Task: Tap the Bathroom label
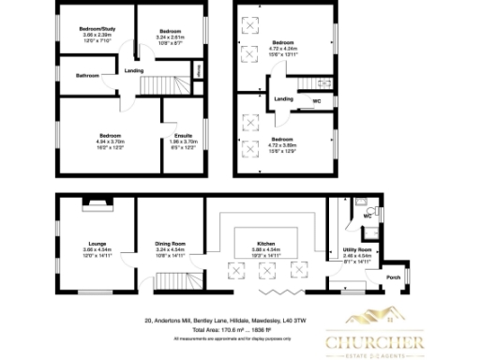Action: (x=88, y=75)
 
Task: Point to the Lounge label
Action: (x=97, y=241)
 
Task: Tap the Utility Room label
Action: (x=358, y=248)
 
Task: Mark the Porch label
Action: (x=394, y=277)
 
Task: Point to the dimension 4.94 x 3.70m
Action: (x=111, y=142)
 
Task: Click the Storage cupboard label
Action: (x=199, y=70)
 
